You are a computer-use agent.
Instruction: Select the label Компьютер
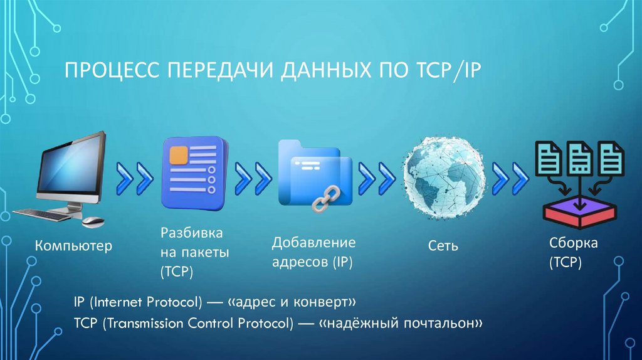[x=73, y=246]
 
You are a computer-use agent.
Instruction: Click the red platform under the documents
[x=580, y=212]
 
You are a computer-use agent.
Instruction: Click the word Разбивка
[x=191, y=233]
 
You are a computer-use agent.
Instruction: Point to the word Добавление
[x=313, y=243]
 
